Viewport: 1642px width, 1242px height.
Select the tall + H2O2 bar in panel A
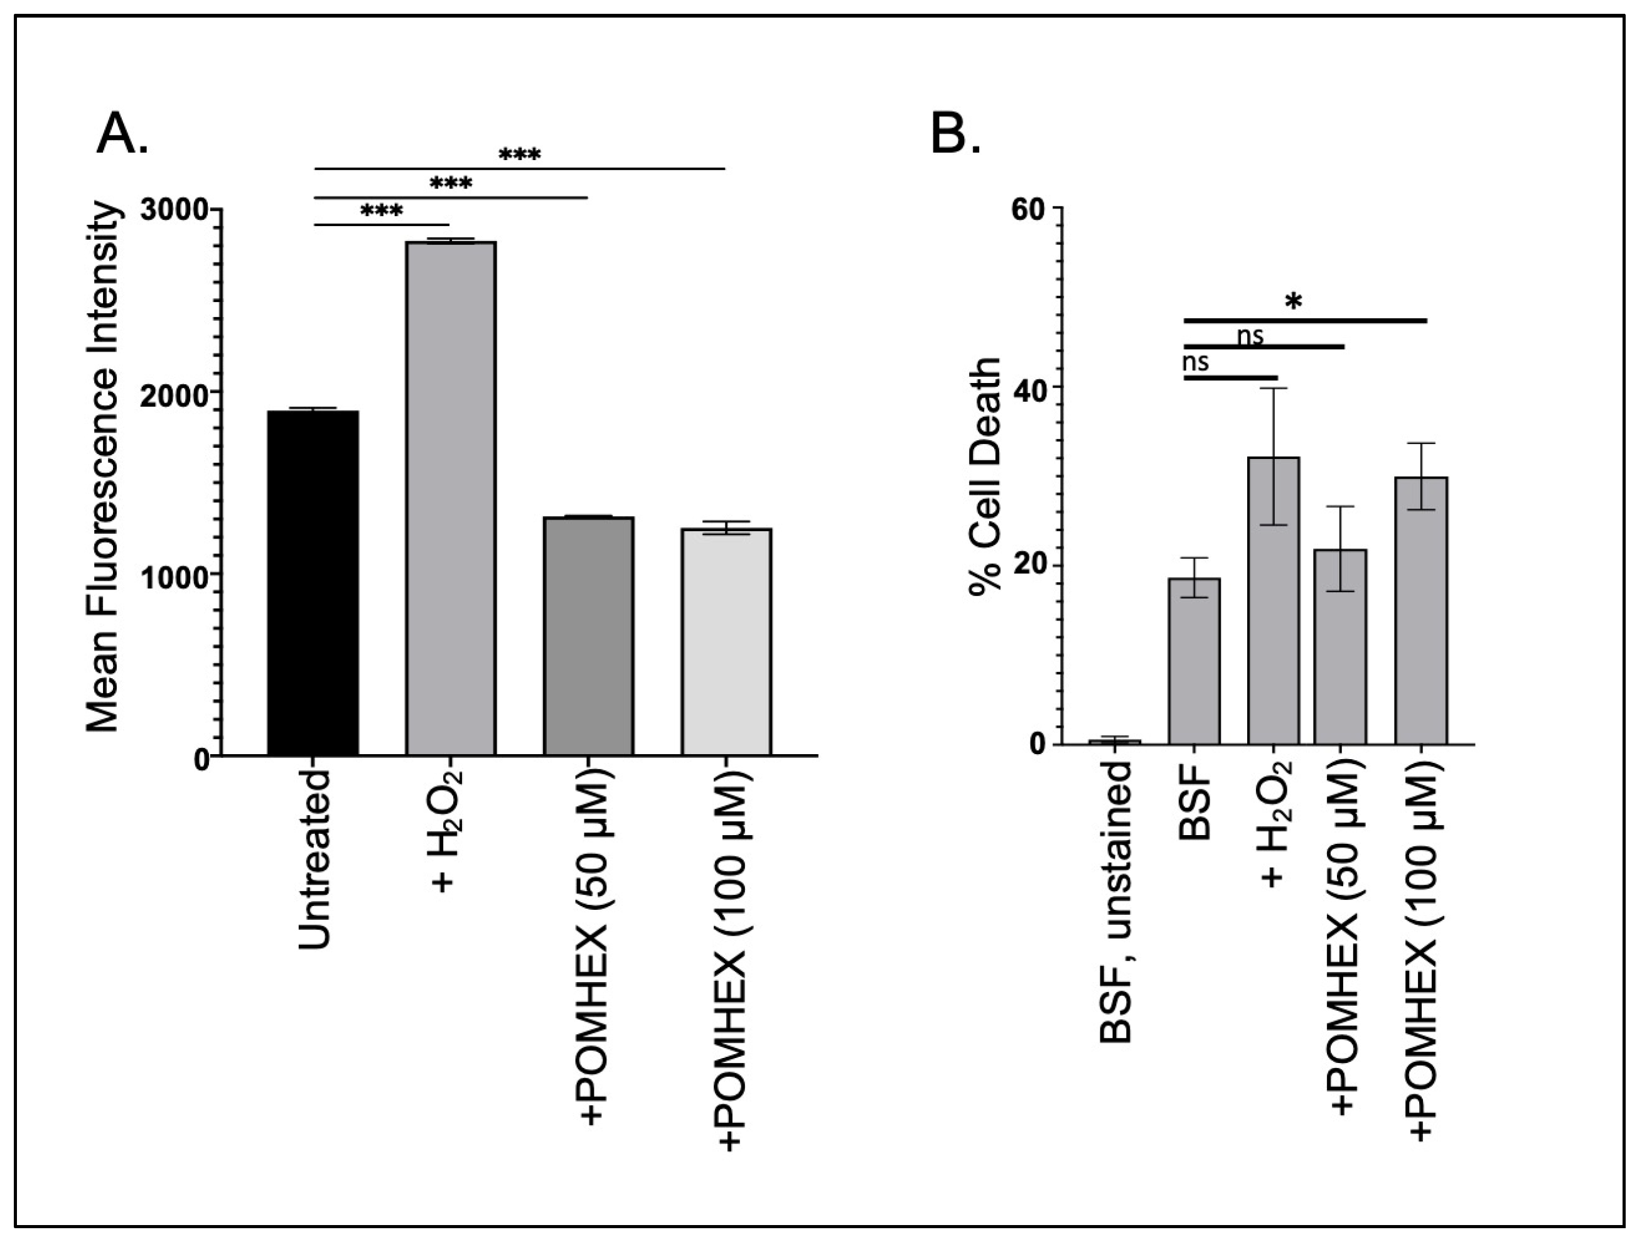coord(451,498)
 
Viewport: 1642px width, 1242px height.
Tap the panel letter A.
coord(122,134)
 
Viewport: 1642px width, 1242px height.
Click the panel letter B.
coord(956,134)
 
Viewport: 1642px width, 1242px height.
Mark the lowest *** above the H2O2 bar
coord(382,212)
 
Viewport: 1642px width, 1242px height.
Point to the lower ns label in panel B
coord(1195,362)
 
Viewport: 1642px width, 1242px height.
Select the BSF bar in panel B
coord(1194,661)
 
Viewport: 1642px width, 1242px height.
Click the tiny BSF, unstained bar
coord(1114,742)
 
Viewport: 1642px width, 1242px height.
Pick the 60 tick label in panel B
coord(1029,208)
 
